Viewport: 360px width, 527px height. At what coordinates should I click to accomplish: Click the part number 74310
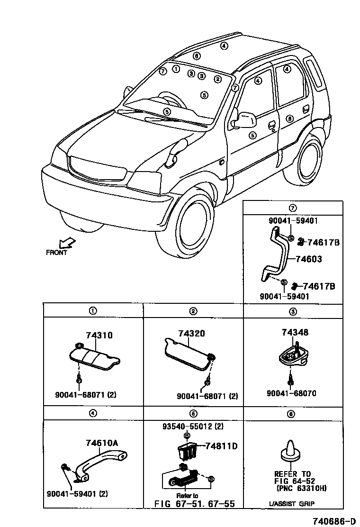pyautogui.click(x=99, y=336)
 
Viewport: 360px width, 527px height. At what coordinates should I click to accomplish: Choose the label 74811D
pyautogui.click(x=221, y=446)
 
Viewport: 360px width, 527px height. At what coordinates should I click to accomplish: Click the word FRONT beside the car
pyautogui.click(x=56, y=253)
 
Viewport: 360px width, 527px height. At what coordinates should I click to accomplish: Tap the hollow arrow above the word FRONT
pyautogui.click(x=68, y=243)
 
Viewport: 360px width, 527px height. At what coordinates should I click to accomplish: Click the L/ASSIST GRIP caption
pyautogui.click(x=292, y=503)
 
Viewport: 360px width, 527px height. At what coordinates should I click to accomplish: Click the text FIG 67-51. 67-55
pyautogui.click(x=195, y=504)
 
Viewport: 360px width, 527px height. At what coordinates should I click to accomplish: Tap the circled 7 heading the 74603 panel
pyautogui.click(x=292, y=208)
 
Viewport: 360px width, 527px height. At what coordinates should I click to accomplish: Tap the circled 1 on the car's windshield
pyautogui.click(x=176, y=69)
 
